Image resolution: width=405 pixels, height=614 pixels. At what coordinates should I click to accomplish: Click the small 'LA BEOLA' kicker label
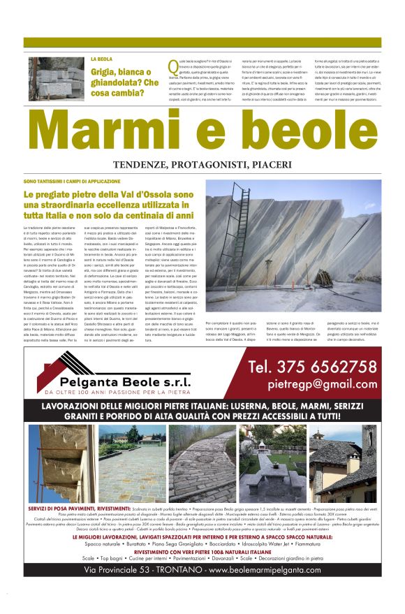click(x=102, y=59)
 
